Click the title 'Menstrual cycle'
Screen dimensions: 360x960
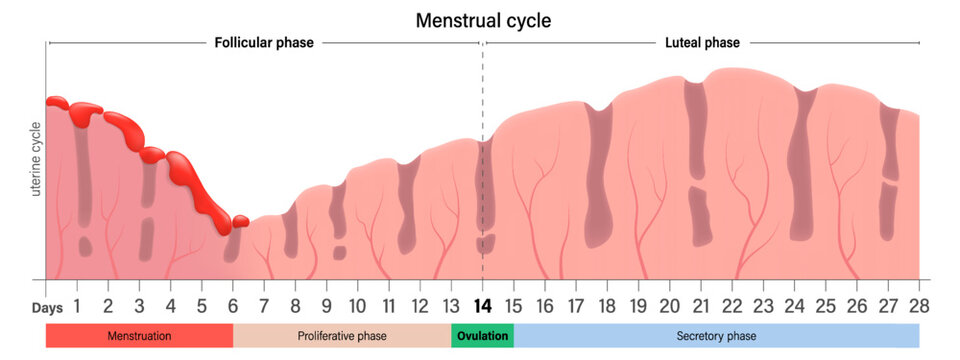coord(483,20)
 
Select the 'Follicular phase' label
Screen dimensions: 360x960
coord(264,43)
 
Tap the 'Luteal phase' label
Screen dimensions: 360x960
coord(702,43)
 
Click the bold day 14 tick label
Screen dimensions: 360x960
coord(483,306)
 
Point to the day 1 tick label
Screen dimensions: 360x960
coord(77,306)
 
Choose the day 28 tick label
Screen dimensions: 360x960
coord(918,306)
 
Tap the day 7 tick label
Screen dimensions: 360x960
coord(264,306)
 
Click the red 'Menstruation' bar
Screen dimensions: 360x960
coord(139,336)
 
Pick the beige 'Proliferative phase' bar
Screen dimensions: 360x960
coord(342,336)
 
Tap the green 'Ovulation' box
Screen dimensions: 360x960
coord(483,336)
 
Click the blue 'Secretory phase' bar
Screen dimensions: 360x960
coord(716,336)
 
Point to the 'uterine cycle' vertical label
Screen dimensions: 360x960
coord(36,160)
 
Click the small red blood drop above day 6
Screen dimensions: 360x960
coord(240,221)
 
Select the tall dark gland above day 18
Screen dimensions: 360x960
coord(598,175)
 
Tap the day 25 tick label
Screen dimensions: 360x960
coord(825,306)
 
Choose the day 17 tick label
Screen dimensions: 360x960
coord(576,306)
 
